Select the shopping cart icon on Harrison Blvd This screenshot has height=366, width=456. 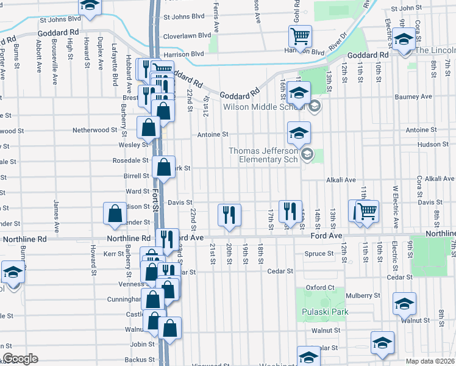300,37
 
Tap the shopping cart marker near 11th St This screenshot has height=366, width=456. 367,212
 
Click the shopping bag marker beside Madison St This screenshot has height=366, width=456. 115,213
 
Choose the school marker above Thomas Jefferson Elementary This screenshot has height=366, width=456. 299,132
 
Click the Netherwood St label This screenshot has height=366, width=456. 94,130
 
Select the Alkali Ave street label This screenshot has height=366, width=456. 340,180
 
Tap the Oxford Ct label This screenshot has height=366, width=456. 321,287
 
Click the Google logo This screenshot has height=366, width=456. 21,359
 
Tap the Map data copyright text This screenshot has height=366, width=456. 430,361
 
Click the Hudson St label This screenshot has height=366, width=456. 433,145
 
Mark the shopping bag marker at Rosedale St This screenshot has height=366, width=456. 163,167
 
